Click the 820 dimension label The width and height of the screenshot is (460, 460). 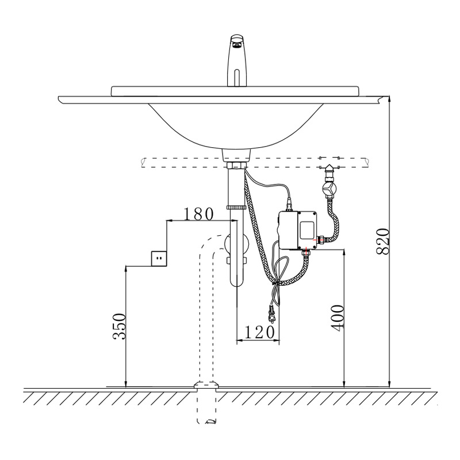click(x=383, y=241)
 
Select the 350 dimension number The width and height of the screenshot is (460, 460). click(x=119, y=326)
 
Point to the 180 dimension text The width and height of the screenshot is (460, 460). click(x=198, y=214)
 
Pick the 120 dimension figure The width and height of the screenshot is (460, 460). click(x=259, y=332)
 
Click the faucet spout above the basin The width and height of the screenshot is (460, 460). click(x=237, y=61)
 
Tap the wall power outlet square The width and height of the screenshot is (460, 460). click(x=159, y=258)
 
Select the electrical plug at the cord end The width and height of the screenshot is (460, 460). click(x=271, y=314)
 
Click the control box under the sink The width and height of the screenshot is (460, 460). click(x=297, y=231)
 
